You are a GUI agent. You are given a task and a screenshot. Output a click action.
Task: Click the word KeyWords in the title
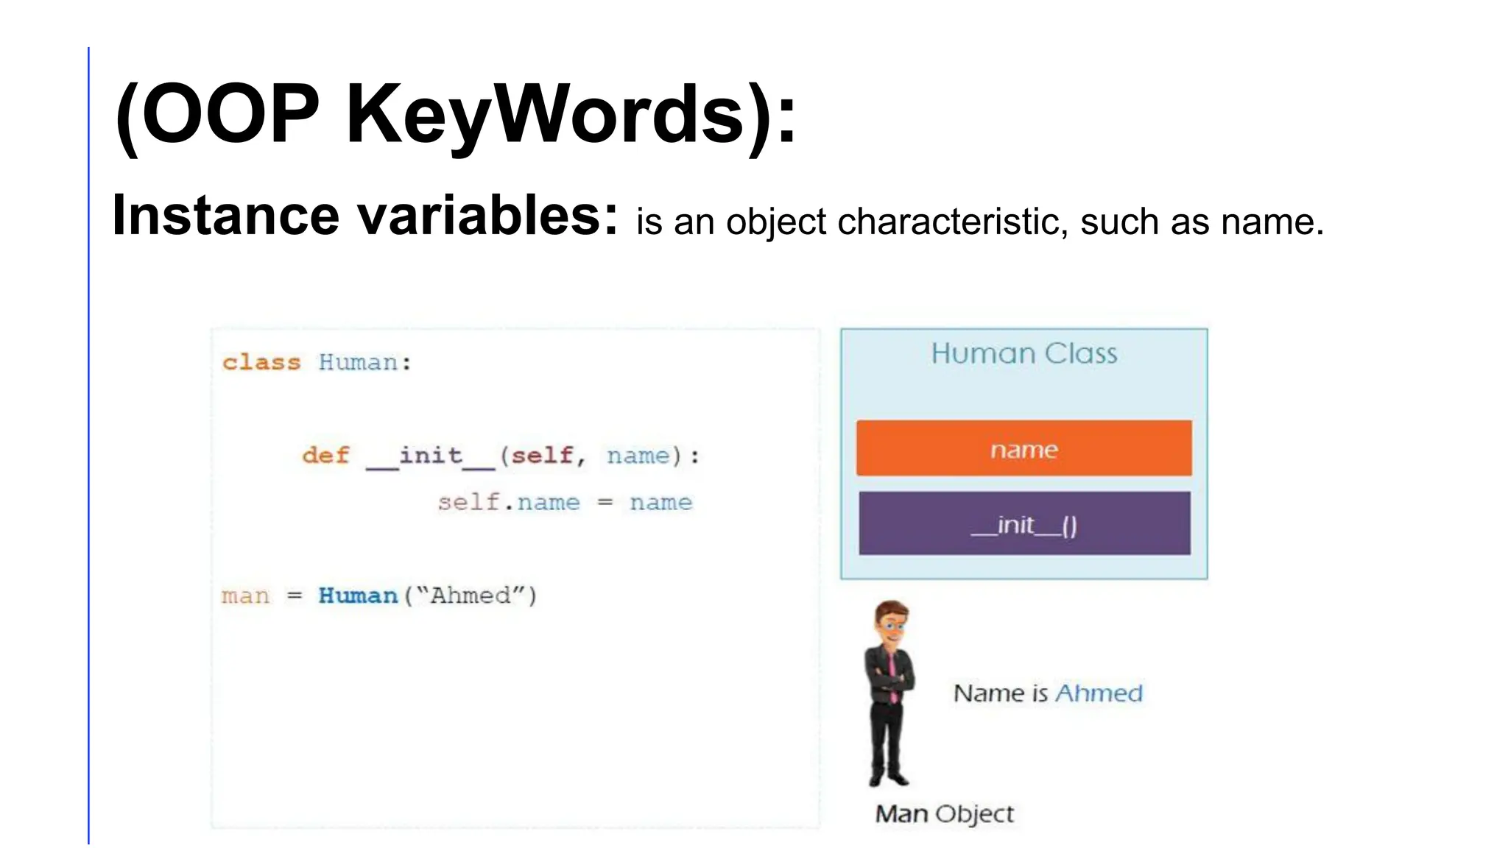pos(545,114)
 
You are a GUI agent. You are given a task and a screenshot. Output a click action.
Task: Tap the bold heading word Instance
pos(225,216)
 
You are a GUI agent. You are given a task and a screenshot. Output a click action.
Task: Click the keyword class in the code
pos(261,362)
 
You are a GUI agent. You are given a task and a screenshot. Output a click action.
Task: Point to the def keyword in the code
pos(325,456)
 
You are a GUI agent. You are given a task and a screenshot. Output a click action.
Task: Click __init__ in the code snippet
pos(431,456)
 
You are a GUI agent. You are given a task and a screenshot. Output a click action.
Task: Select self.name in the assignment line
pos(509,503)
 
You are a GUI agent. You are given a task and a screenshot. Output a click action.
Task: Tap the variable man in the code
pos(245,596)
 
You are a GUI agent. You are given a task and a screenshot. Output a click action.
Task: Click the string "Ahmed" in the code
pos(471,596)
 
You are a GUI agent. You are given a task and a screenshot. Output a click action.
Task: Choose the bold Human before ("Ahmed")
pos(358,596)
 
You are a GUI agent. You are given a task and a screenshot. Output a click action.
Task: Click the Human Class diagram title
pos(1023,354)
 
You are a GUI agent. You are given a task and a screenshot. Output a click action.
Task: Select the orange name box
pos(1023,448)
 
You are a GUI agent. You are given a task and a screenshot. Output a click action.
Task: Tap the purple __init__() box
pos(1023,524)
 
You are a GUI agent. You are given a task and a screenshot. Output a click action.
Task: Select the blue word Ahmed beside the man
pos(1099,693)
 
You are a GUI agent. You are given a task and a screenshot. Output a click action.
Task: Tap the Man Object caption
pos(944,814)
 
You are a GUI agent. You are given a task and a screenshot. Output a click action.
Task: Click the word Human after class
pos(359,362)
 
